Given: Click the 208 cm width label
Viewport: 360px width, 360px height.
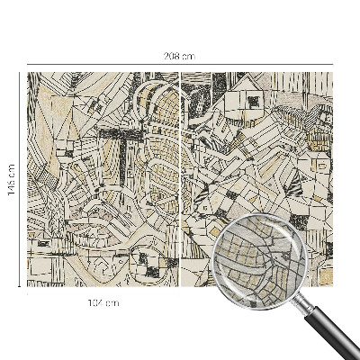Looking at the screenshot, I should click(x=180, y=56).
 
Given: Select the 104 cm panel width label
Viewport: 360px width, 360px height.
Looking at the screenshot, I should click(x=104, y=302).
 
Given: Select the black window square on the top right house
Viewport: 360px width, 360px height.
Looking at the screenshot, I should click(x=254, y=102).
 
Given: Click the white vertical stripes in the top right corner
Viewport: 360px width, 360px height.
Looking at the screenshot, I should click(x=319, y=85).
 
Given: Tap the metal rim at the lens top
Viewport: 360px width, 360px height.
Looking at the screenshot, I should click(x=265, y=213).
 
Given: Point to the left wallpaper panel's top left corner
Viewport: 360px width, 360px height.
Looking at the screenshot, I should click(x=29, y=74).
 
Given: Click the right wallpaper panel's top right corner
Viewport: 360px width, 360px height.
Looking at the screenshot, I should click(x=332, y=74).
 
